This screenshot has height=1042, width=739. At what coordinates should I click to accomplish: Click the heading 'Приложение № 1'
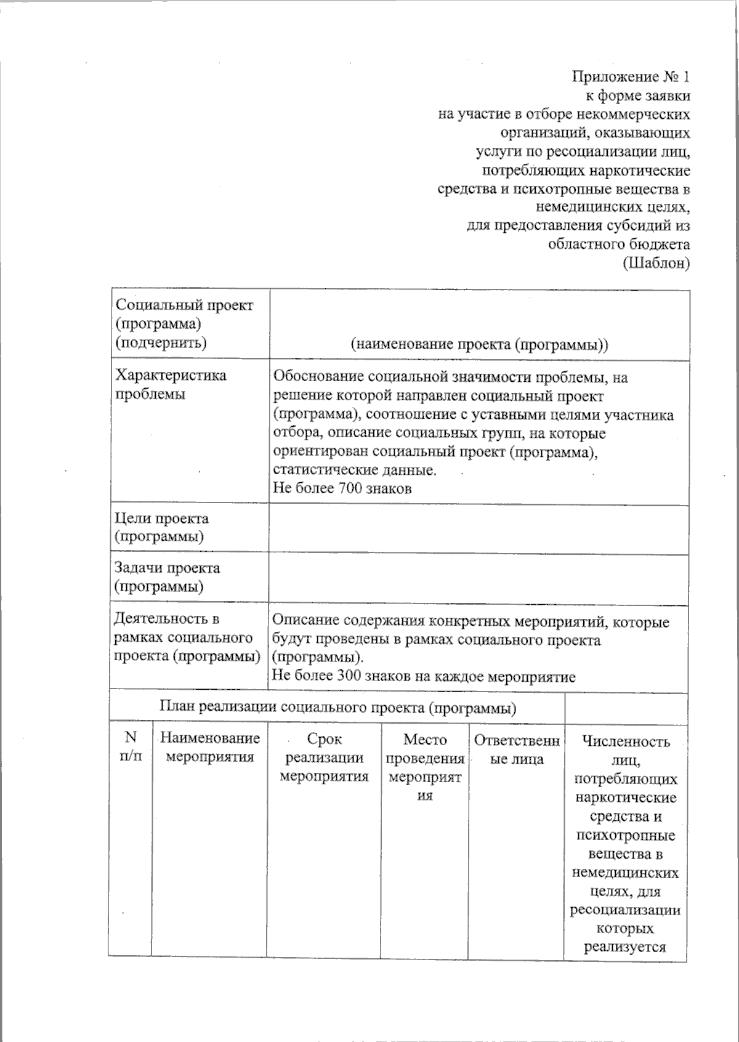point(631,77)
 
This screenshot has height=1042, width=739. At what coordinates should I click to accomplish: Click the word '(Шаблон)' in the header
point(656,263)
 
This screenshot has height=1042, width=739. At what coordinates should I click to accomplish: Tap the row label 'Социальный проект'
point(184,305)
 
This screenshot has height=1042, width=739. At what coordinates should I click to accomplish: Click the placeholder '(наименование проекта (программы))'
point(479,344)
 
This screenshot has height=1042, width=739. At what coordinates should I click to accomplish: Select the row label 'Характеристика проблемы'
point(171,384)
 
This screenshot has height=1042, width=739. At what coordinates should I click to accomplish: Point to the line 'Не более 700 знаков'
point(342,488)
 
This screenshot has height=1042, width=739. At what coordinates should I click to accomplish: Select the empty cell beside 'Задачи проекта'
point(478,579)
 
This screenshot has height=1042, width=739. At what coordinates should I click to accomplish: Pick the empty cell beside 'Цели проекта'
point(478,528)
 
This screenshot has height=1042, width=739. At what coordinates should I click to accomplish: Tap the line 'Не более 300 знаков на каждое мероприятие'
point(424,677)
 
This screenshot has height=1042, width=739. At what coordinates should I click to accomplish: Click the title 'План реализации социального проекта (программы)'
point(337,708)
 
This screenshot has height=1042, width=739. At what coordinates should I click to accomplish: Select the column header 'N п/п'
point(131,746)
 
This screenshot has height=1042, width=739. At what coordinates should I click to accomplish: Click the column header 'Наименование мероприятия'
point(210,747)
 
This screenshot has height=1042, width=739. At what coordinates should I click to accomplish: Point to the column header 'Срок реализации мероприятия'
point(324,757)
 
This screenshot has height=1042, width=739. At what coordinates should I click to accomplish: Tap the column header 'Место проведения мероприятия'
point(424,767)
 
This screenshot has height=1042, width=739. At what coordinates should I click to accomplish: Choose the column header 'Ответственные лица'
point(516,749)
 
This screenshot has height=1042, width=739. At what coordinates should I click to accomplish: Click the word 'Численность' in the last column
point(626,741)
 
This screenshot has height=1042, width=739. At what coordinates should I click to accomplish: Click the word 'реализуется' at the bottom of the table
point(625,947)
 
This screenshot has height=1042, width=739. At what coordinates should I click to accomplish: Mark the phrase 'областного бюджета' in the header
point(618,244)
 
